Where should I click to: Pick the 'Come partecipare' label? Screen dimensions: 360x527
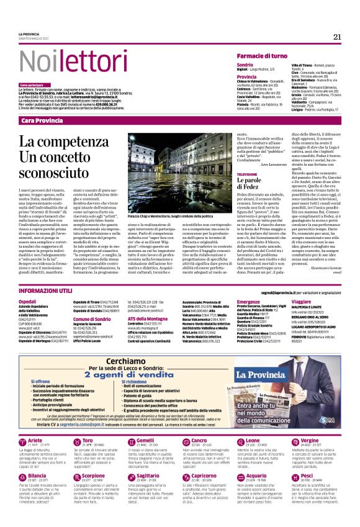(32, 84)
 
